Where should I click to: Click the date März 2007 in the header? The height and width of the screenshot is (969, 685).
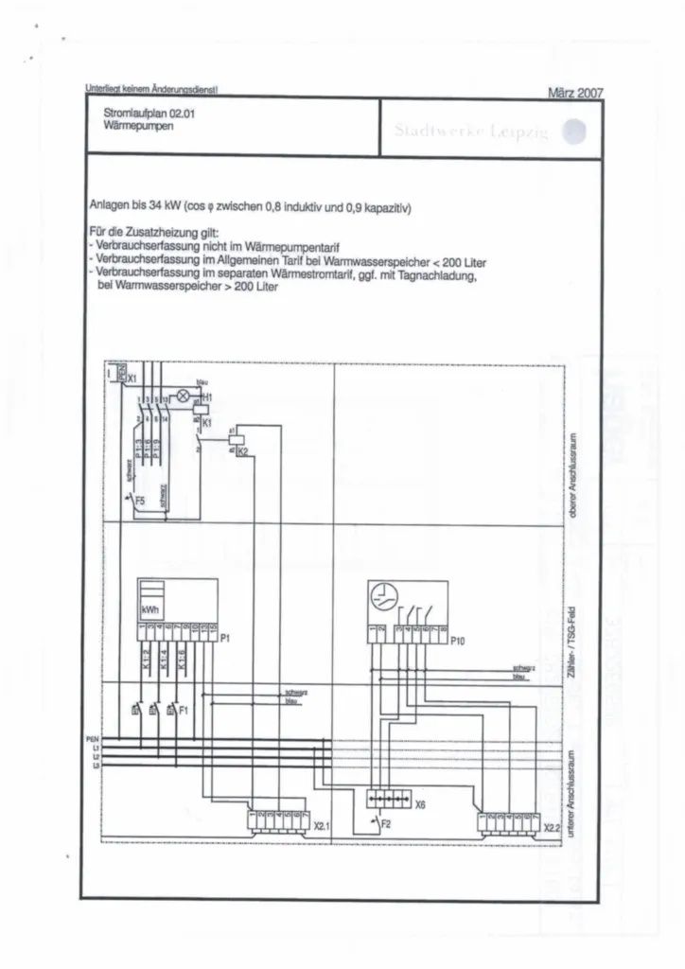pos(575,93)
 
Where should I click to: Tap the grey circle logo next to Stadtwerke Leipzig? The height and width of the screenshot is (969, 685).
pos(574,133)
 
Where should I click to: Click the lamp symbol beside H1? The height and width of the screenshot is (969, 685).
pos(184,396)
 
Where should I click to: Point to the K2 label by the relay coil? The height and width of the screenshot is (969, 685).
pos(242,452)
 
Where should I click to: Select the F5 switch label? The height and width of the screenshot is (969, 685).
pos(140,499)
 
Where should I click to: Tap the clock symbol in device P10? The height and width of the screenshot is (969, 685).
pos(383,596)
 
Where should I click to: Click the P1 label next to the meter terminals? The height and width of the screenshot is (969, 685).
pos(225,639)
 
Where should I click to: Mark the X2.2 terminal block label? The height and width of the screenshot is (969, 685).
pos(553,827)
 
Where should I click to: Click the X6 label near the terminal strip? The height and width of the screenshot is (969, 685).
pos(419,803)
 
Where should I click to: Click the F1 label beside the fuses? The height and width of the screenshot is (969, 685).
pos(184,708)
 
